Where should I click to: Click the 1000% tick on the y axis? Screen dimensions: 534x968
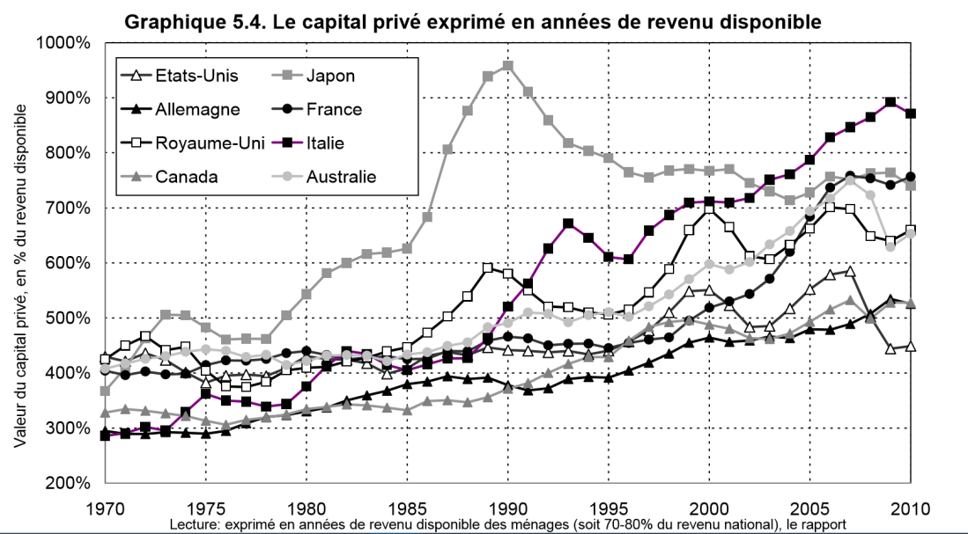coord(63,43)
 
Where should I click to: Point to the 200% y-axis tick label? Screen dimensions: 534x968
coord(67,483)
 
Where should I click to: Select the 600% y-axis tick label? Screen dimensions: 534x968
coord(67,263)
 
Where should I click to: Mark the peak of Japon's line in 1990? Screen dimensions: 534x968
coord(508,65)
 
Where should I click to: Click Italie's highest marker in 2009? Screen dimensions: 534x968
coord(890,102)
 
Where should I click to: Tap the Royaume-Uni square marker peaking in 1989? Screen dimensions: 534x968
coord(488,267)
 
